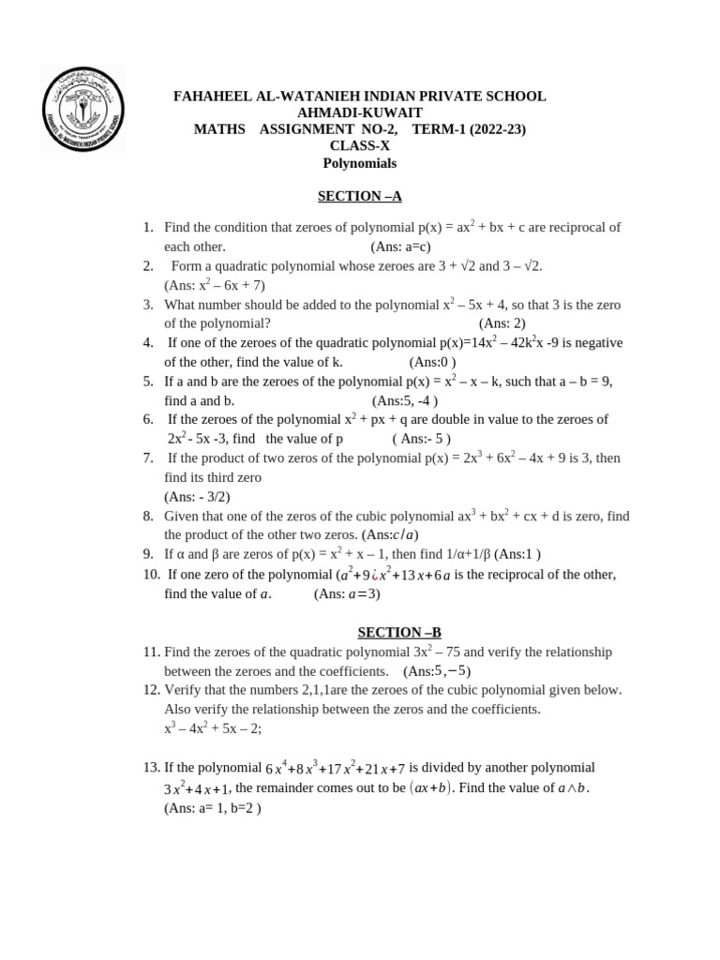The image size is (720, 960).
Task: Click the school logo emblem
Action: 84,110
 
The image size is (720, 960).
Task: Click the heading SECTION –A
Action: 359,196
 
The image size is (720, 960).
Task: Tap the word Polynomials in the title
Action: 359,163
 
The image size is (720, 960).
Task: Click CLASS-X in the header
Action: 359,145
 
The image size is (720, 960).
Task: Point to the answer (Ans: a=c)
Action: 400,247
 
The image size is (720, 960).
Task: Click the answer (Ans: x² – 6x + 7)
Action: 215,285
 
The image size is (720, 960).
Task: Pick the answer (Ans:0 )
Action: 432,362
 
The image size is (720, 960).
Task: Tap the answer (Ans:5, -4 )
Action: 405,400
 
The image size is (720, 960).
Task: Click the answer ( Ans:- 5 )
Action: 421,439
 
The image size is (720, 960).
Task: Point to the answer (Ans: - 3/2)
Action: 197,497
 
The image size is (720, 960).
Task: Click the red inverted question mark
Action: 374,575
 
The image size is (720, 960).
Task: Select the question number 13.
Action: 152,767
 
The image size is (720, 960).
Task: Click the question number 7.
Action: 148,457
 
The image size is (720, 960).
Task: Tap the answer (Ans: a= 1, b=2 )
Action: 213,807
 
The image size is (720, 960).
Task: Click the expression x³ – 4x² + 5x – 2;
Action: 212,728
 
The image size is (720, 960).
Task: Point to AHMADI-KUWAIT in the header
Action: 359,112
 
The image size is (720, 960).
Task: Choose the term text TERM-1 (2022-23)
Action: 469,129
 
